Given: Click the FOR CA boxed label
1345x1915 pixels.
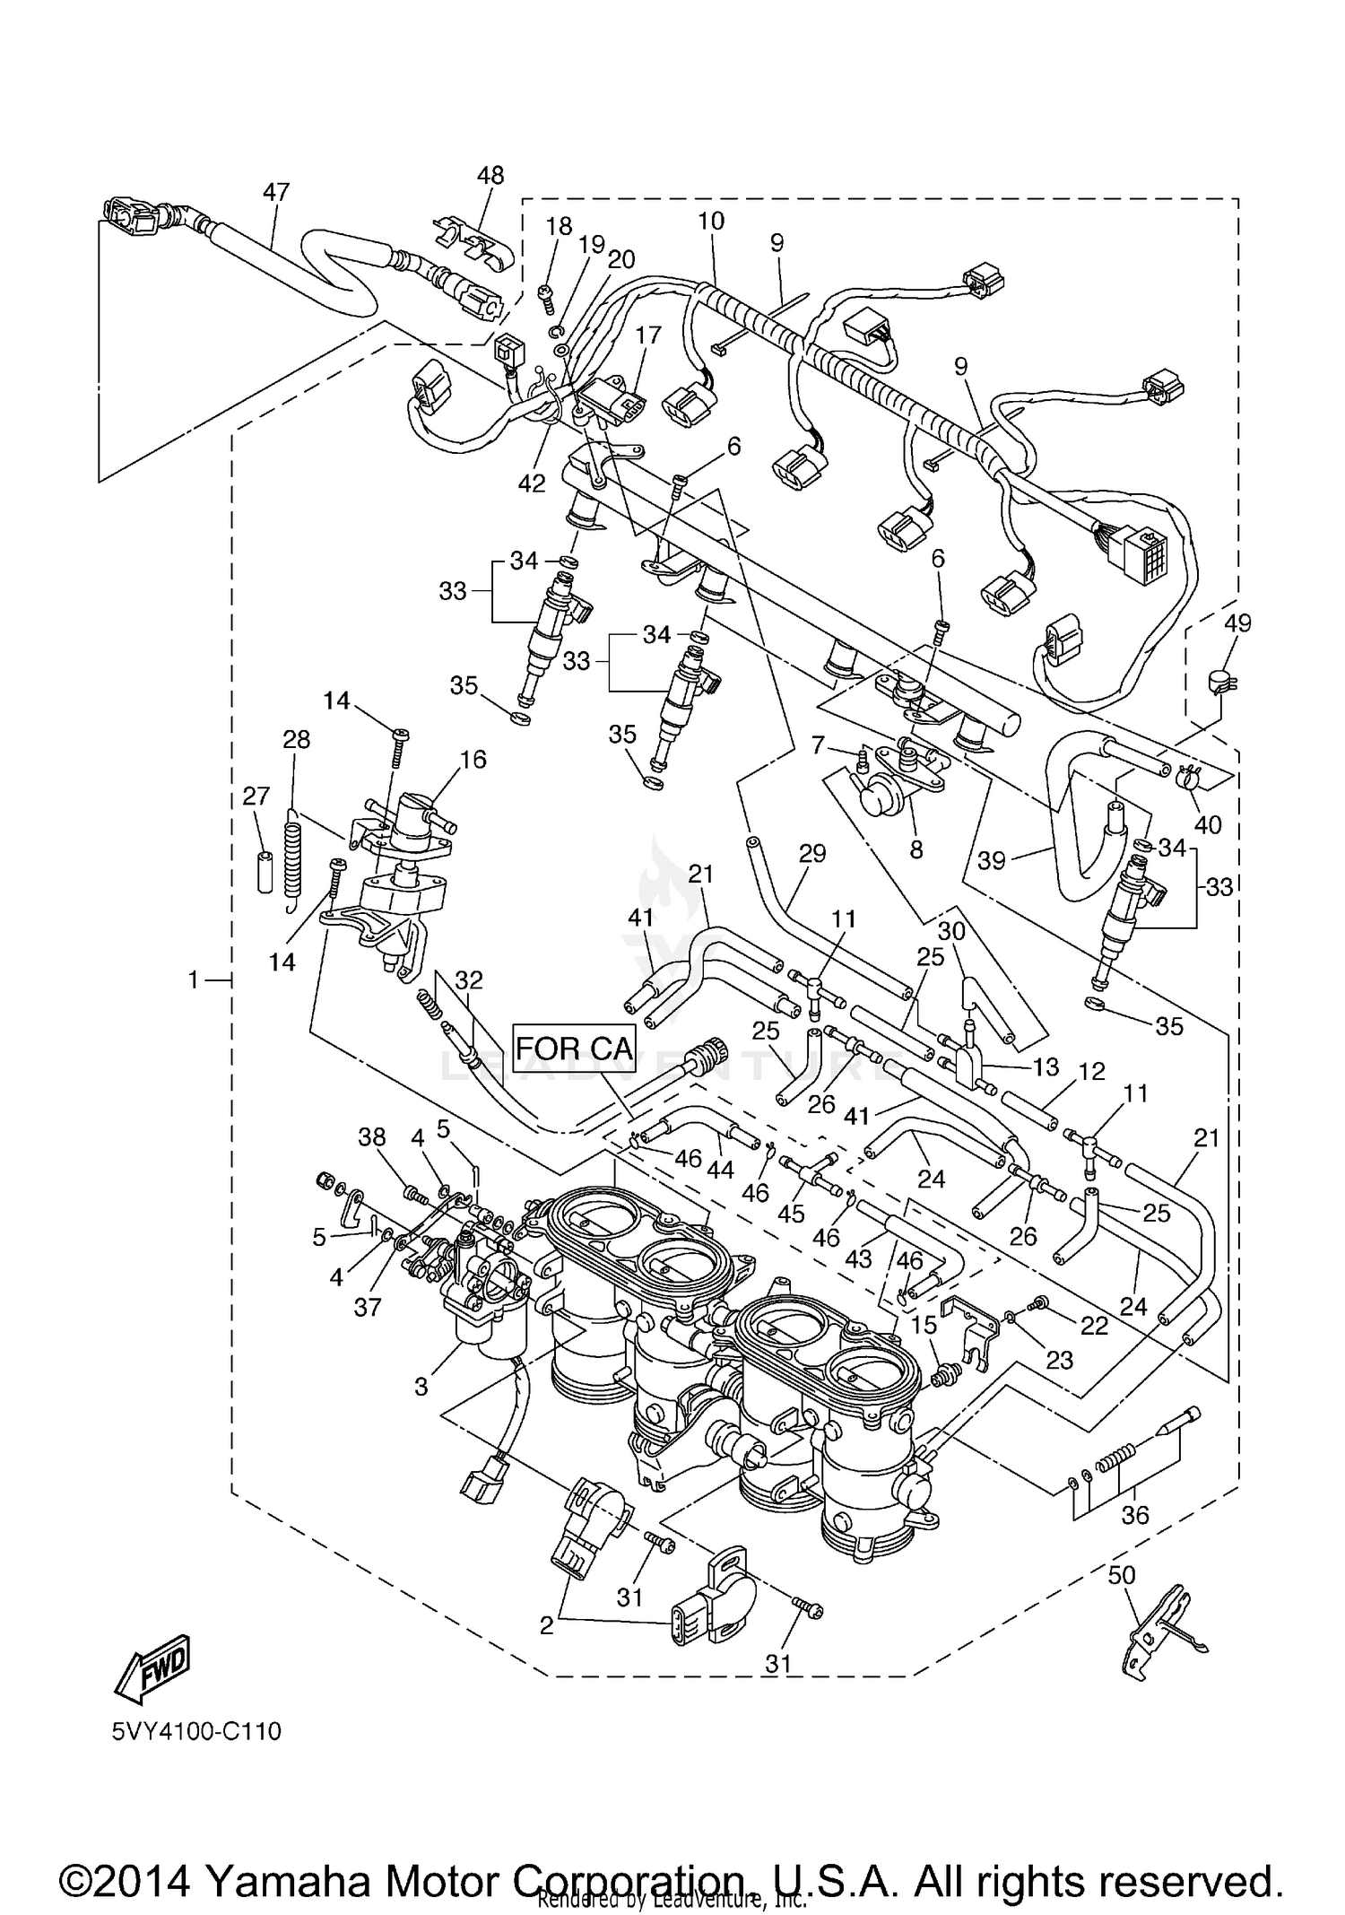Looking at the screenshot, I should tap(574, 1048).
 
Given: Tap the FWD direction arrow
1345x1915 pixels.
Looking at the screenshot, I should tap(152, 1670).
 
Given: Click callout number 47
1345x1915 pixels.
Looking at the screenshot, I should tap(276, 192).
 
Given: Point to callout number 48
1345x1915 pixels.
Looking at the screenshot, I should tap(490, 175).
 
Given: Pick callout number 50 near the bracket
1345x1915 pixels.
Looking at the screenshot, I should tap(1122, 1575).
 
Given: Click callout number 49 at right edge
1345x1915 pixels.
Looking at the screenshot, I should tap(1237, 622).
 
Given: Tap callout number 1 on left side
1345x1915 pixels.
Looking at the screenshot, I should tap(193, 980).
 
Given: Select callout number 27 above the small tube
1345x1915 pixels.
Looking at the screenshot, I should tap(256, 796).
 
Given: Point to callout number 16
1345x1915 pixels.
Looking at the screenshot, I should tap(473, 760).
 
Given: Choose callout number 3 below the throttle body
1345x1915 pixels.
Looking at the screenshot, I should tap(421, 1386).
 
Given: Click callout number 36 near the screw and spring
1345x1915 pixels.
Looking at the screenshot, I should tap(1134, 1515).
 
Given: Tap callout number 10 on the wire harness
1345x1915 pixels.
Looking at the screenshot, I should tap(711, 221).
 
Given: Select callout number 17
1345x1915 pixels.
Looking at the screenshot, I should tap(647, 335).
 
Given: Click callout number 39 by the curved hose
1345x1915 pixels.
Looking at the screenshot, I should tap(991, 860).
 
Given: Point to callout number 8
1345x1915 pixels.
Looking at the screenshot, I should tap(915, 849).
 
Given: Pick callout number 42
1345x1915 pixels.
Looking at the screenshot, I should tap(532, 483).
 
